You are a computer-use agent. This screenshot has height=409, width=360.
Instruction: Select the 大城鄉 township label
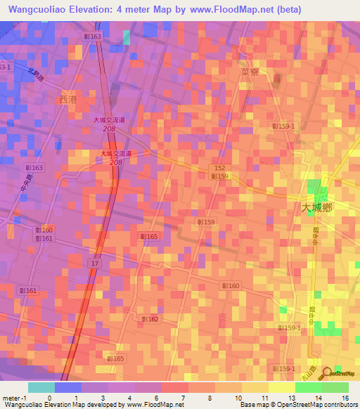click(316, 207)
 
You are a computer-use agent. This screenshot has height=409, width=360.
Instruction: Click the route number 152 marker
click(220, 168)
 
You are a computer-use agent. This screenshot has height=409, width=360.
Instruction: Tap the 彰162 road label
click(150, 318)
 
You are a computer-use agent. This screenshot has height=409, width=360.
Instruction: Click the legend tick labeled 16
click(346, 397)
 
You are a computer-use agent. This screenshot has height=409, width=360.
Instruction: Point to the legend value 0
click(49, 397)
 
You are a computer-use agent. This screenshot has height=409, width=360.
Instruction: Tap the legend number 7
click(183, 397)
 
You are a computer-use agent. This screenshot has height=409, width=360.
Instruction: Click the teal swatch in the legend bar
click(41, 387)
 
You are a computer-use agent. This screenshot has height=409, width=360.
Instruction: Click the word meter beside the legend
click(13, 397)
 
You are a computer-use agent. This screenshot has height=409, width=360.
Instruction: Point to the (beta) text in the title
click(287, 10)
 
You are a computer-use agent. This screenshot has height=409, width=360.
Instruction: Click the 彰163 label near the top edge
click(92, 36)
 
